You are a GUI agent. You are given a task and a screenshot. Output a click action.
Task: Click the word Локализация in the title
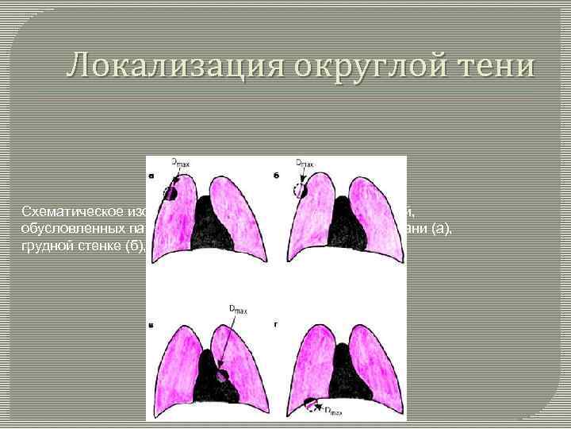coord(163,65)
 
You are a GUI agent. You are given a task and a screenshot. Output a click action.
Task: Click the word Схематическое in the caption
coord(76,211)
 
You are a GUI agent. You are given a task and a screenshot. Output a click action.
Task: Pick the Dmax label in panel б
coord(305,164)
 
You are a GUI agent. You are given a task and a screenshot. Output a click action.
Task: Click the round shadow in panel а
coord(171,192)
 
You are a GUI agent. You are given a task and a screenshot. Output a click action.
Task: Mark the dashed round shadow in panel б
coord(299,190)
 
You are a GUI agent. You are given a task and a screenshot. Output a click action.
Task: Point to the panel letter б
coord(276,176)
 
